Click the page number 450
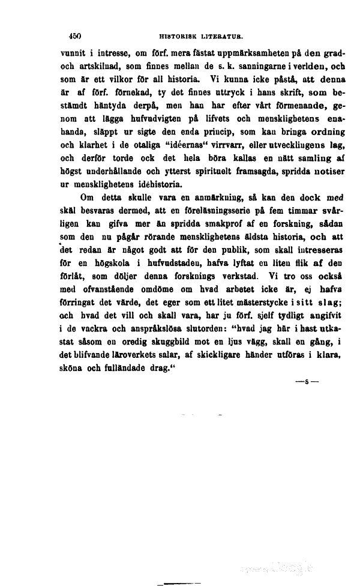point(75,36)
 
